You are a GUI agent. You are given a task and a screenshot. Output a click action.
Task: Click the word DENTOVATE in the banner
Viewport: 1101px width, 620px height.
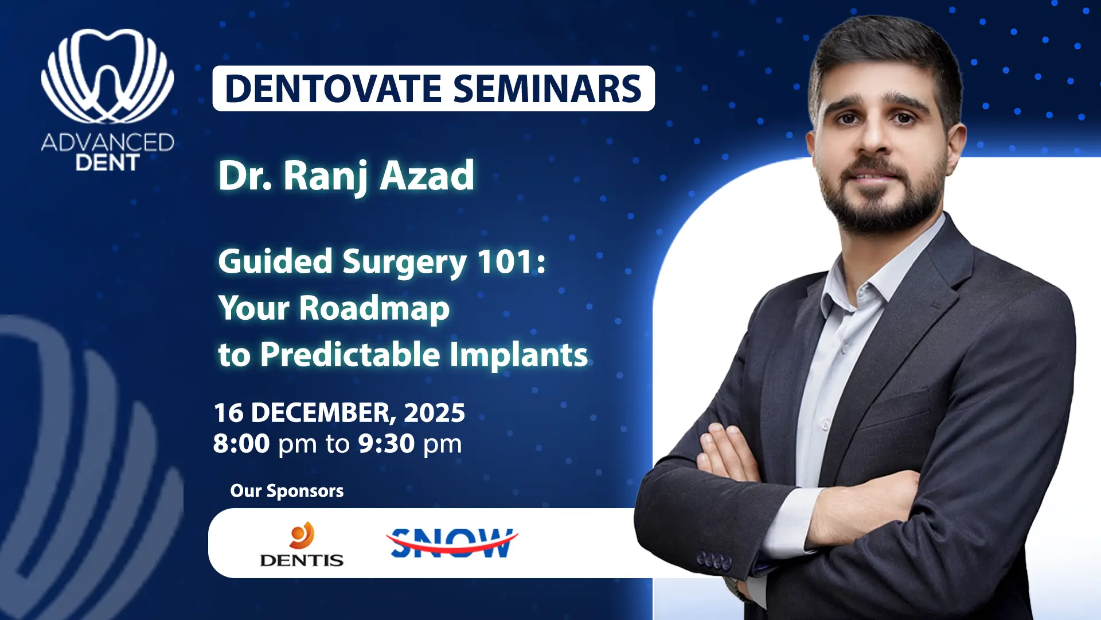333,89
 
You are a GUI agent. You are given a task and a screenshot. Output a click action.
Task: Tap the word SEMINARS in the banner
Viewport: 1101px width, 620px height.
548,89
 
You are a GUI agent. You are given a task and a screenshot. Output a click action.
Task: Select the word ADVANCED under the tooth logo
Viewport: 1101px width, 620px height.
108,142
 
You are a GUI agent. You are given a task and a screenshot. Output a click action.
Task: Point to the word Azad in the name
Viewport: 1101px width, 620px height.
427,176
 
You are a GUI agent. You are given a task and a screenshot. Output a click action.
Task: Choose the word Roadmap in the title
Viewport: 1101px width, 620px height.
374,309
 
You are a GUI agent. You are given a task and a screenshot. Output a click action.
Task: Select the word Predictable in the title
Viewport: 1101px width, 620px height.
350,354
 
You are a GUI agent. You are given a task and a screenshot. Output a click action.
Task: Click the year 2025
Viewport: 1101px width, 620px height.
434,413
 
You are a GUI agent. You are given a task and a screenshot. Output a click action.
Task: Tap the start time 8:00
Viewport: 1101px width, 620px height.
241,444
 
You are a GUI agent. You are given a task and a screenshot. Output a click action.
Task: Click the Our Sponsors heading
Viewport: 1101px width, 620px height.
287,491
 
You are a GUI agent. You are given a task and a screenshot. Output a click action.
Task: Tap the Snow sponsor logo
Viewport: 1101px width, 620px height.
452,542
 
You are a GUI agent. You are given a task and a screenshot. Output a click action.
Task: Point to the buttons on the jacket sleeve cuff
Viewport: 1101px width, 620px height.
715,560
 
